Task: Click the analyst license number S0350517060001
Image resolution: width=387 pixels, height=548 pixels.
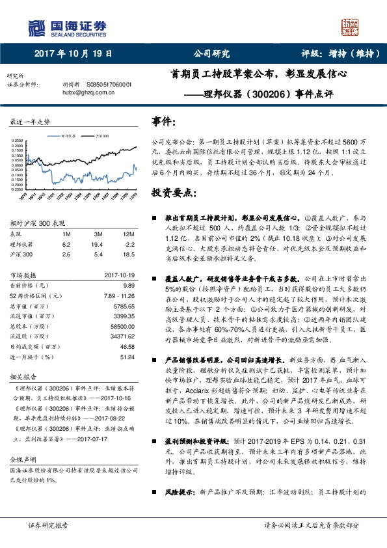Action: click(x=109, y=85)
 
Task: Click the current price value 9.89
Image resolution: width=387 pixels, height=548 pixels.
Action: click(x=128, y=286)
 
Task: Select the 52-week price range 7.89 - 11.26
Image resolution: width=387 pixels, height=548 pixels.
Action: click(x=118, y=295)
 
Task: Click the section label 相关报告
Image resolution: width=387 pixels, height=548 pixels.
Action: click(x=23, y=376)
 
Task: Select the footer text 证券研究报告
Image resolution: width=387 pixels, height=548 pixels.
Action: click(x=49, y=542)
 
